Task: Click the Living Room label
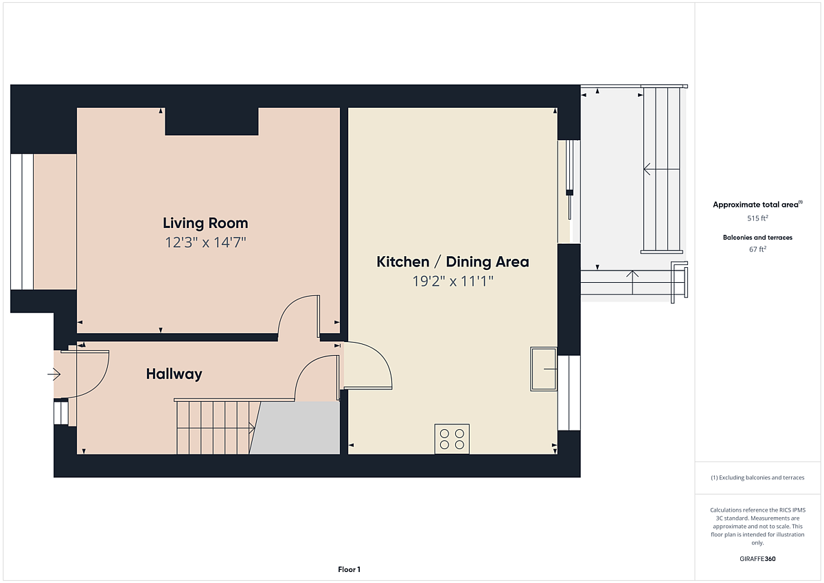click(x=205, y=223)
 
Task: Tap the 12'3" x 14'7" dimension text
click(x=205, y=242)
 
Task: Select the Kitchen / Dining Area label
click(x=453, y=262)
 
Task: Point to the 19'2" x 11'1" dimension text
click(x=453, y=282)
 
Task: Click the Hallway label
click(x=174, y=374)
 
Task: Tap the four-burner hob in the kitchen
click(x=452, y=439)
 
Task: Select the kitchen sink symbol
click(x=543, y=369)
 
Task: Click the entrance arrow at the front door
click(x=54, y=374)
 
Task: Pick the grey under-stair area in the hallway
click(x=295, y=428)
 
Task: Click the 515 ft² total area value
click(x=757, y=218)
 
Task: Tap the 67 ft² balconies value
click(x=757, y=249)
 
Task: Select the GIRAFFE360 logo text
click(x=757, y=559)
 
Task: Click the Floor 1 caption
click(x=349, y=569)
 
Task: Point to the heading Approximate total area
click(x=757, y=205)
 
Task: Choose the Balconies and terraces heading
click(x=757, y=237)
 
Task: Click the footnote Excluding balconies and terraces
click(x=757, y=477)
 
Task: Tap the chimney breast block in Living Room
click(x=211, y=122)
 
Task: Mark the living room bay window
click(x=22, y=222)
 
